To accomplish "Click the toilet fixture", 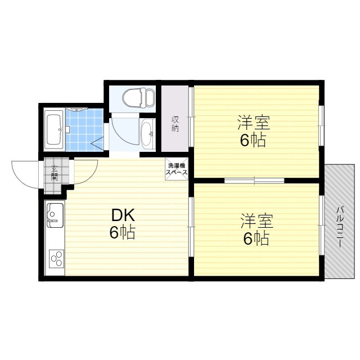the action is pos(138,97).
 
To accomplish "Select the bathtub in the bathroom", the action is pos(54,130).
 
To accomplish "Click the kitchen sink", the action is pos(55,215).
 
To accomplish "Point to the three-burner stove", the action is pos(56,259).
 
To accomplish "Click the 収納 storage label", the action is pos(175,124).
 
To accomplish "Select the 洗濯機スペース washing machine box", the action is pos(177,169).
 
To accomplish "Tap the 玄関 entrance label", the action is pos(55,173).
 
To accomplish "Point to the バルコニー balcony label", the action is pos(340,227).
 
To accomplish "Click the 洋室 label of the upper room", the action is pos(254,123).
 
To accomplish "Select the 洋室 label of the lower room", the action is pos(256,221).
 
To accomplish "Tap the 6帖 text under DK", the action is pos(122,233).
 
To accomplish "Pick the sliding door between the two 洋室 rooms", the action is pos(254,181).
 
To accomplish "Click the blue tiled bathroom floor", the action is pos(84,130).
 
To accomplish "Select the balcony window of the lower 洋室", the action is pos(322,225).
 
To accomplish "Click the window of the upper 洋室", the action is pos(322,125).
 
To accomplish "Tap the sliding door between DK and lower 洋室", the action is pos(191,227).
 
